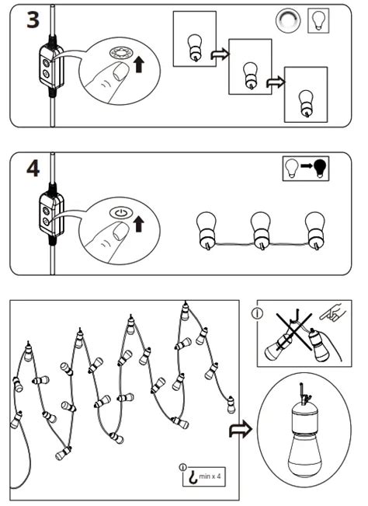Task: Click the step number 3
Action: coord(32,20)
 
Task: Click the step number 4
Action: coord(32,170)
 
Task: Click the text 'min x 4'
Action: coord(211,475)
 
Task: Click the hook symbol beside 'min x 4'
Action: coord(189,475)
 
